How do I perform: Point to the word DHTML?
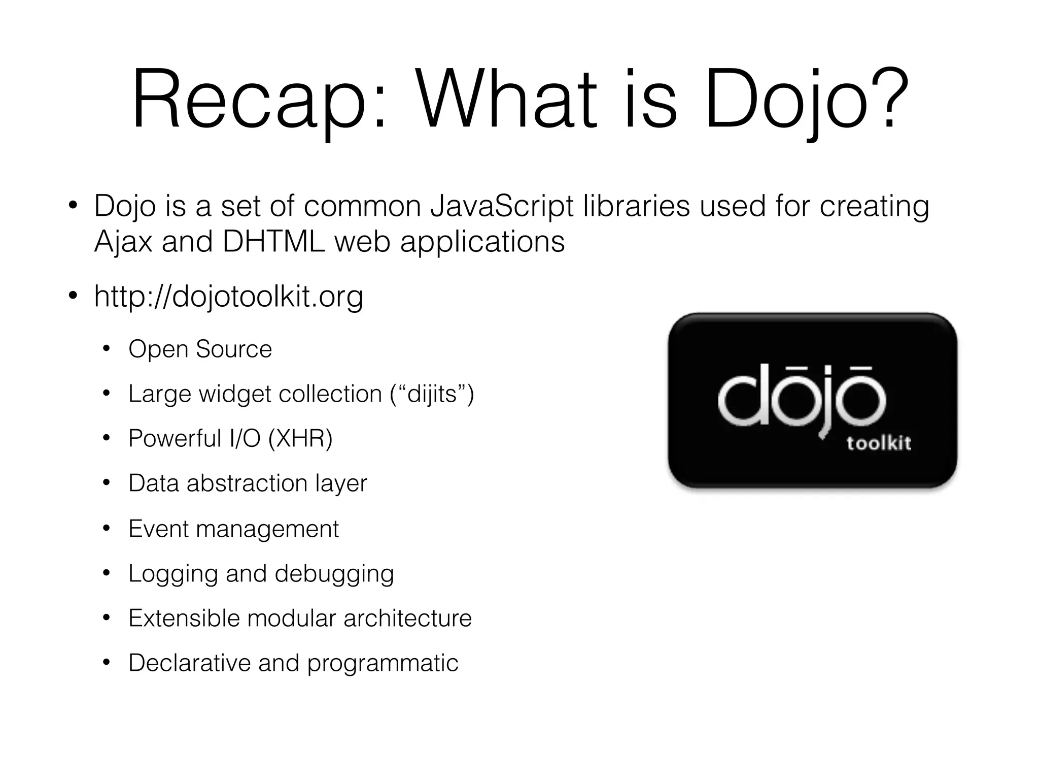pyautogui.click(x=273, y=242)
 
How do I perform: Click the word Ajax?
pyautogui.click(x=123, y=242)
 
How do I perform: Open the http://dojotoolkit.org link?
pyautogui.click(x=228, y=297)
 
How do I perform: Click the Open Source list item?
pyautogui.click(x=200, y=349)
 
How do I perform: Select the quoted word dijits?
pyautogui.click(x=432, y=394)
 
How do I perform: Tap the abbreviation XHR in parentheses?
pyautogui.click(x=300, y=439)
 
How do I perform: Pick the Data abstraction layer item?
pyautogui.click(x=248, y=483)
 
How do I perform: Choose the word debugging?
pyautogui.click(x=334, y=574)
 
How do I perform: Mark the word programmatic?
pyautogui.click(x=383, y=663)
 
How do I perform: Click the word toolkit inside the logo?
pyautogui.click(x=879, y=443)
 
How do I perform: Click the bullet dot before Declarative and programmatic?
pyautogui.click(x=106, y=663)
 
